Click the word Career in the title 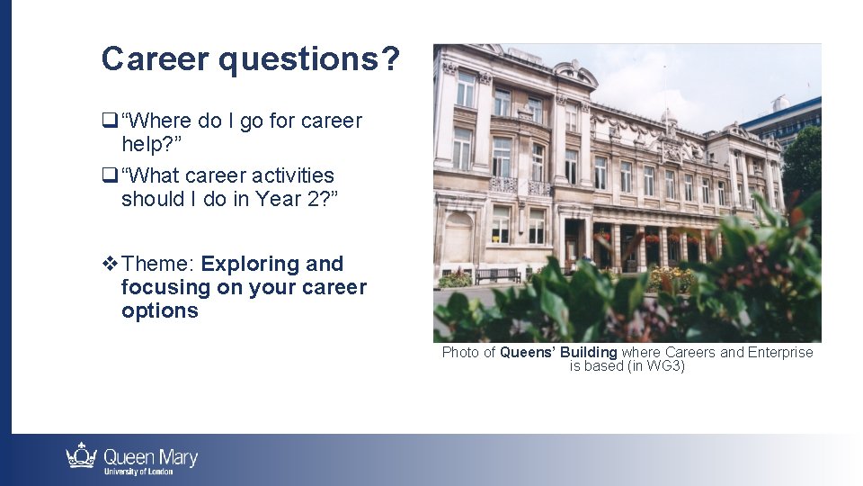(155, 59)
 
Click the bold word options (160, 310)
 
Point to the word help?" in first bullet (152, 144)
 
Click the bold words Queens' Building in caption (558, 353)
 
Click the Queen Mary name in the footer (151, 456)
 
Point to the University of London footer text (137, 472)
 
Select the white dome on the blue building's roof (781, 103)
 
